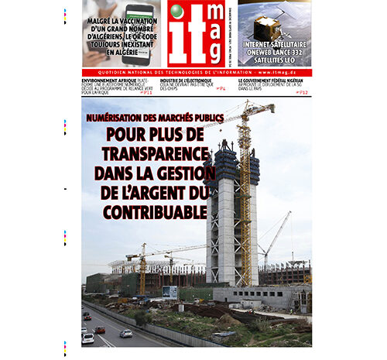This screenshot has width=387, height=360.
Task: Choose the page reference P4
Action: [x=221, y=89]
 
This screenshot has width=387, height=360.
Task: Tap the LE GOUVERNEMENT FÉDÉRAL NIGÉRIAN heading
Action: [x=275, y=80]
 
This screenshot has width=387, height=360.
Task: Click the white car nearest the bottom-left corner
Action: [x=88, y=338]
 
